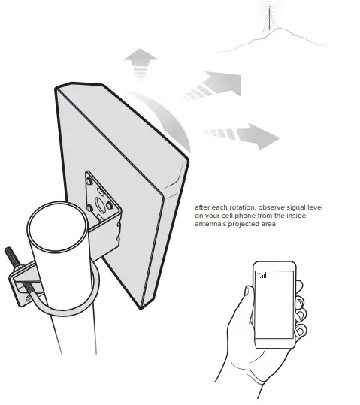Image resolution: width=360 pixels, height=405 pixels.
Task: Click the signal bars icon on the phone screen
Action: click(262, 275)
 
